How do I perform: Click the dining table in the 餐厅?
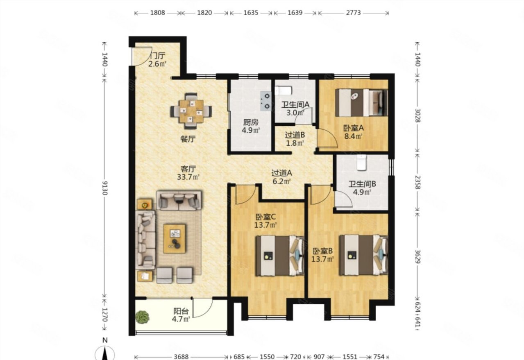tap(191, 111)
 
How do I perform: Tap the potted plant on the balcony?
tap(142, 317)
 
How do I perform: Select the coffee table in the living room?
tap(175, 239)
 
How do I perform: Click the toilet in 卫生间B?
tap(362, 162)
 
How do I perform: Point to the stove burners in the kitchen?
tap(266, 101)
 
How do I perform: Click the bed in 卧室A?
tap(361, 103)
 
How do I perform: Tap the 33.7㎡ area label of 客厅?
tap(188, 177)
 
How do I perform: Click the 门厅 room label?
tap(158, 56)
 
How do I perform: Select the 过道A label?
tap(281, 173)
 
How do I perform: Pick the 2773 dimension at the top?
tap(353, 13)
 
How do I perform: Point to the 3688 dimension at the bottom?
tap(181, 357)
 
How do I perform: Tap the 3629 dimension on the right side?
tap(417, 257)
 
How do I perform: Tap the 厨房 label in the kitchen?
tap(251, 122)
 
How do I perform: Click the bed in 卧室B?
tap(363, 255)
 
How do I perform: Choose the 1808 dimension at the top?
tap(157, 13)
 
